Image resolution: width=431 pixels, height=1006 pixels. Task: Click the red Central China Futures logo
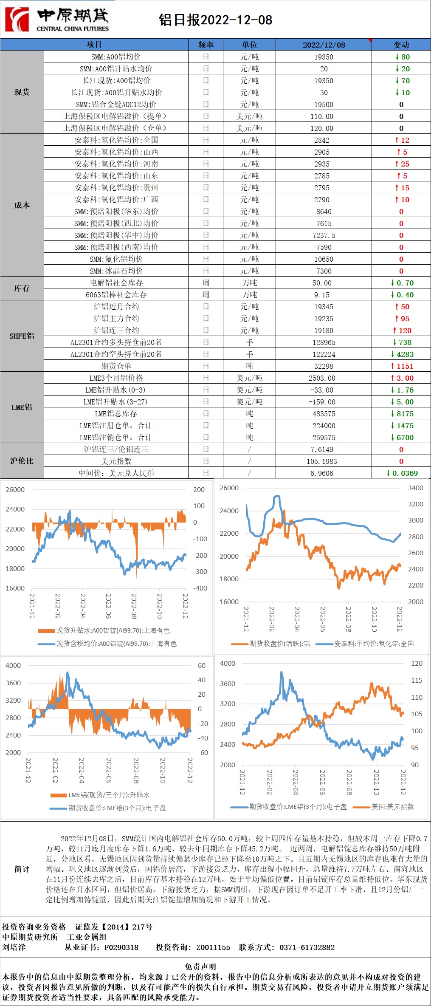[x=17, y=20]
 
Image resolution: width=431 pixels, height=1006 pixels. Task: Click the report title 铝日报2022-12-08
[x=215, y=20]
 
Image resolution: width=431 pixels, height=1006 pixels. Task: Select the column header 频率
[x=206, y=45]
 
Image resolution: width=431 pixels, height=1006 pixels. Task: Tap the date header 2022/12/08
[x=324, y=45]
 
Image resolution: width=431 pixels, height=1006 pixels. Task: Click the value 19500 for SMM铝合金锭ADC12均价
[x=324, y=105]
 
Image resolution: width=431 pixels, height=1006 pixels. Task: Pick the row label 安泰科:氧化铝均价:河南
[x=116, y=164]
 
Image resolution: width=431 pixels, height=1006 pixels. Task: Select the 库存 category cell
[x=22, y=288]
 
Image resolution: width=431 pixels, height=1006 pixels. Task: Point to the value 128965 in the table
[x=324, y=342]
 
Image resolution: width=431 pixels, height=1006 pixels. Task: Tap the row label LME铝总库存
[x=116, y=414]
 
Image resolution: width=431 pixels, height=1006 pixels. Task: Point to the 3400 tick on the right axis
[x=415, y=488]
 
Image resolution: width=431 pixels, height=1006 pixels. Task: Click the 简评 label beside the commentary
[x=22, y=869]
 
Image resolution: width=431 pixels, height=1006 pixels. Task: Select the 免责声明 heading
[x=200, y=966]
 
